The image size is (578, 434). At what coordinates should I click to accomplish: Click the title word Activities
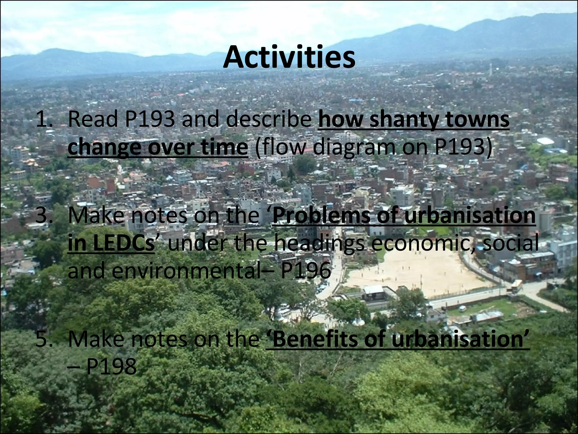(x=289, y=58)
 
